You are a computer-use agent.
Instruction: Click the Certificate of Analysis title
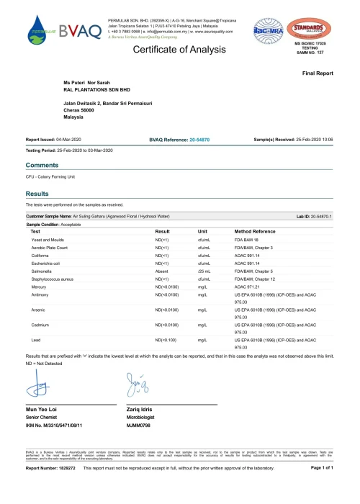(x=181, y=49)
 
